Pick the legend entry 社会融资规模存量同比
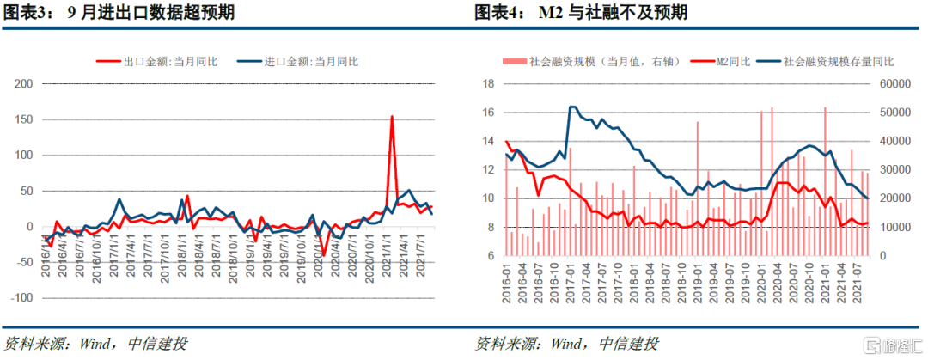tap(837, 61)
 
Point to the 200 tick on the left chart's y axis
tap(24, 83)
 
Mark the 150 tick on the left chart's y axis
tap(24, 119)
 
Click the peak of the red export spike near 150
tap(392, 116)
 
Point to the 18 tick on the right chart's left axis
tap(487, 83)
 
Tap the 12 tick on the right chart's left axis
tap(487, 169)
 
